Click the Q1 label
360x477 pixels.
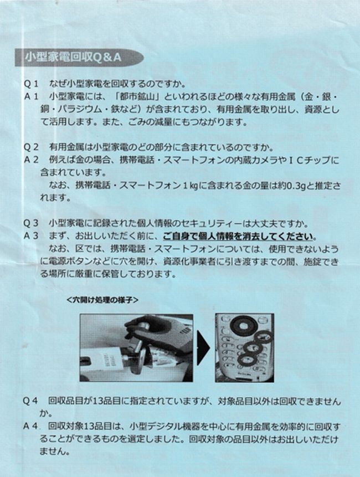30,84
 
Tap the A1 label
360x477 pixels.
30,97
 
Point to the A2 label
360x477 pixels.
30,160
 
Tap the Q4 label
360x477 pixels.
30,401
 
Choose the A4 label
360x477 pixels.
30,426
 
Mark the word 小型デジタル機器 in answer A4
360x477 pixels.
163,426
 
